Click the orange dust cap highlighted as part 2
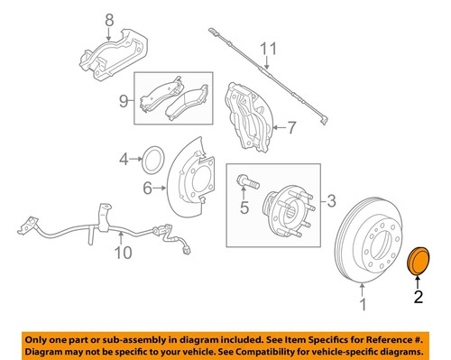click(419, 260)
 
